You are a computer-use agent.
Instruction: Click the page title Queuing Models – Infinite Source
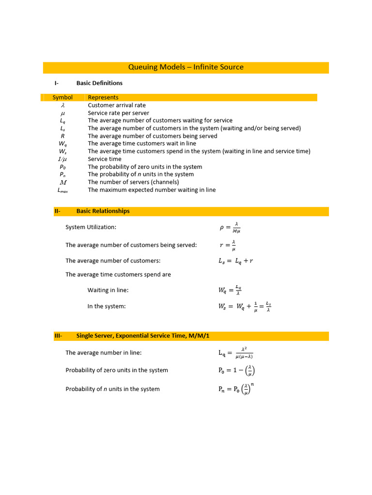coord(186,67)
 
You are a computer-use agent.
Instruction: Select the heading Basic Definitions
coord(99,83)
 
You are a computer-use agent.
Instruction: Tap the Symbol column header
coord(62,98)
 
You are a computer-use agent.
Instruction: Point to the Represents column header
coord(103,98)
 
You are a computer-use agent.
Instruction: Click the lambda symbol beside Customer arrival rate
coord(62,105)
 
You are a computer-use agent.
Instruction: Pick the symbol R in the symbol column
coord(62,136)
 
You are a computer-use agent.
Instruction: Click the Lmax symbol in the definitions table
coord(62,190)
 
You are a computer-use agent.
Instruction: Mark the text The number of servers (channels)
coord(133,182)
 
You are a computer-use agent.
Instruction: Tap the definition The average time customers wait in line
coord(142,144)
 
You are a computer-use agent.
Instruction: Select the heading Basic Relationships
coord(103,211)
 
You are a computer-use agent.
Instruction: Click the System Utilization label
coord(91,227)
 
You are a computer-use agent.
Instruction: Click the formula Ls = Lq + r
coord(236,261)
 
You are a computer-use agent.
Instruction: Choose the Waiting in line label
coord(108,291)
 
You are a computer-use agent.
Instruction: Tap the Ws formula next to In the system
coord(245,306)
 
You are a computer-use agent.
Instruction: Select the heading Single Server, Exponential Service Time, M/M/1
coord(145,336)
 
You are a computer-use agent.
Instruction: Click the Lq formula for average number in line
coord(236,353)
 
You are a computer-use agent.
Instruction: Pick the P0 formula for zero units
coord(236,371)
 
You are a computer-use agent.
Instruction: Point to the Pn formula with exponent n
coord(236,389)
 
